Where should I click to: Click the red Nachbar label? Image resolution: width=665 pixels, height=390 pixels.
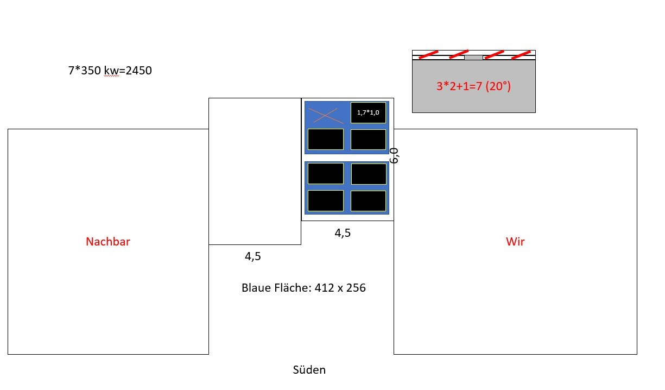click(x=108, y=242)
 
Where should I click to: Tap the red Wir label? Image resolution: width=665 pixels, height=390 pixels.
click(x=515, y=242)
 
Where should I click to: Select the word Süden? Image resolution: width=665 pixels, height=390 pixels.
click(x=309, y=370)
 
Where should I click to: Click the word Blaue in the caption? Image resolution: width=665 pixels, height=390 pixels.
click(x=257, y=288)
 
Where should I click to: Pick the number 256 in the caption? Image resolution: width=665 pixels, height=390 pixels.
click(x=355, y=288)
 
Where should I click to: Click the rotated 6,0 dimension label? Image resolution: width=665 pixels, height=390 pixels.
click(x=395, y=155)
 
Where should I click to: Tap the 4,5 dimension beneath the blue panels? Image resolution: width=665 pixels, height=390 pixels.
click(x=343, y=233)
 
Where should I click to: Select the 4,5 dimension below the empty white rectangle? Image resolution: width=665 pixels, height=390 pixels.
click(x=253, y=257)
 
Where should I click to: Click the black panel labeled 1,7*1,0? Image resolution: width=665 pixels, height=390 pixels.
click(x=368, y=112)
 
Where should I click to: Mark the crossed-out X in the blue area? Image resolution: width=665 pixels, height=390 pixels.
click(x=326, y=115)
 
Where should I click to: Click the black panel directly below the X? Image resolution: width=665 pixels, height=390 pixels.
click(x=326, y=139)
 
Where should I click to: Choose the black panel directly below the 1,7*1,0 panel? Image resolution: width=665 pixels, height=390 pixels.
click(x=368, y=139)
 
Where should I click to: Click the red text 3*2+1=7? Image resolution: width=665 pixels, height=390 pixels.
click(x=459, y=86)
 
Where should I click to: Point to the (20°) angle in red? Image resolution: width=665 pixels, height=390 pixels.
click(x=498, y=86)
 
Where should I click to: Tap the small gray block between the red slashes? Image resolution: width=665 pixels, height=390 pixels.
click(x=473, y=57)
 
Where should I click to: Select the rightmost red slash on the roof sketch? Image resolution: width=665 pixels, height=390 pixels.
click(x=521, y=54)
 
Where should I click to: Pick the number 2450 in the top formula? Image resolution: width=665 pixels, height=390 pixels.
click(x=138, y=70)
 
